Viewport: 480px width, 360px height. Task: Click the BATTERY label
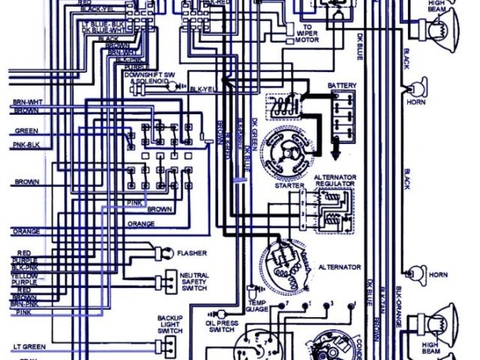click(x=341, y=86)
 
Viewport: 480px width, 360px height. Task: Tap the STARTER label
click(x=289, y=184)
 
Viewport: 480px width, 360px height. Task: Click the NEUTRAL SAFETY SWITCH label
click(x=194, y=282)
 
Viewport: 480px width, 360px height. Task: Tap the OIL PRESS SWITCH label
click(x=222, y=327)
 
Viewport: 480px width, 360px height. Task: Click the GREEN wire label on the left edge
click(x=25, y=130)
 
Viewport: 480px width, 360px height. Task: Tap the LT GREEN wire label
click(x=28, y=347)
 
